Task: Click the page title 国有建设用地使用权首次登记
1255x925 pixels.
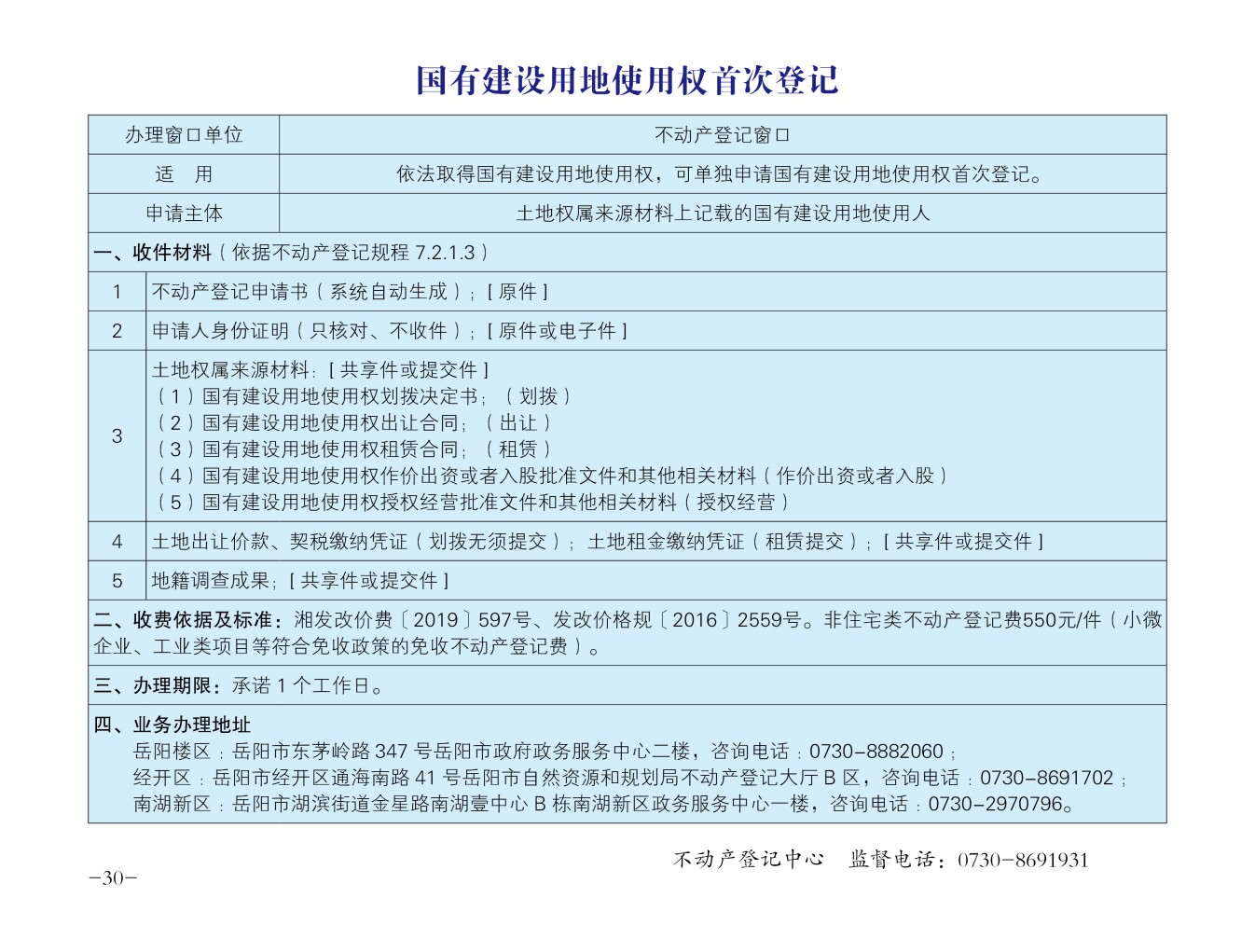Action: pyautogui.click(x=627, y=81)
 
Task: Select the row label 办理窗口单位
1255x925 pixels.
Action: pyautogui.click(x=184, y=135)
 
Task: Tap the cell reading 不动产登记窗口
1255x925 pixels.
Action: pyautogui.click(x=722, y=135)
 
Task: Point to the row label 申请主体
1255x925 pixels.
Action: pyautogui.click(x=184, y=214)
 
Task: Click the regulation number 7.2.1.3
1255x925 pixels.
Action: pyautogui.click(x=445, y=253)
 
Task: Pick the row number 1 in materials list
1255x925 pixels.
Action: pyautogui.click(x=117, y=292)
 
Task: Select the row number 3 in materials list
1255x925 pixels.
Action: pyautogui.click(x=117, y=435)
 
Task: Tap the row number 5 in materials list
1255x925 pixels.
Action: pyautogui.click(x=117, y=581)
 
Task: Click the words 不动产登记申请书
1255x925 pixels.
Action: pyautogui.click(x=229, y=292)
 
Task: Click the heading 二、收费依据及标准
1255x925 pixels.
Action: pyautogui.click(x=183, y=620)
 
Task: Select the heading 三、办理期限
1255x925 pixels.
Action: pyautogui.click(x=153, y=686)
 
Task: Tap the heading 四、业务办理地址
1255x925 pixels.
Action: pyautogui.click(x=172, y=725)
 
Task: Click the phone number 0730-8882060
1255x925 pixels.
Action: pyautogui.click(x=876, y=752)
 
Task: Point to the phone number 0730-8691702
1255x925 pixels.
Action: pyautogui.click(x=1046, y=778)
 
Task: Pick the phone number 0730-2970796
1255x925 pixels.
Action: pyautogui.click(x=995, y=804)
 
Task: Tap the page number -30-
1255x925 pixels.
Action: pyautogui.click(x=113, y=878)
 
